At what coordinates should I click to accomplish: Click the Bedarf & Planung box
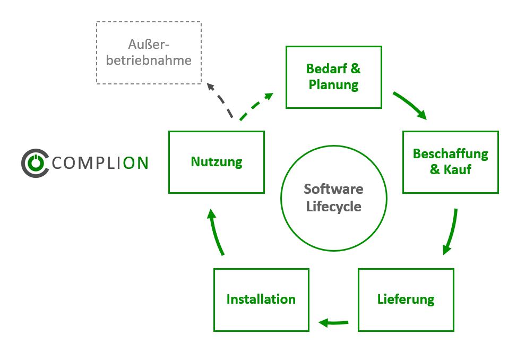(x=333, y=77)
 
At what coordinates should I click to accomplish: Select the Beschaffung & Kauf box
(x=450, y=162)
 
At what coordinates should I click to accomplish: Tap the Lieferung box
(x=406, y=299)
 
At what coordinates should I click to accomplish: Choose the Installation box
(x=261, y=299)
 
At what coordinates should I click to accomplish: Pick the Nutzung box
(x=216, y=162)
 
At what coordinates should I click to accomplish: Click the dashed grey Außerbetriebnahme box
(x=149, y=53)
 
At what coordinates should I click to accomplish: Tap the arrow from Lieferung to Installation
(x=333, y=321)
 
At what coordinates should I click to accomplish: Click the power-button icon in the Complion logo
(x=35, y=162)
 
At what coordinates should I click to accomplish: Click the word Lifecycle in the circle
(x=333, y=207)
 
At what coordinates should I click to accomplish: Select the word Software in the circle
(x=333, y=189)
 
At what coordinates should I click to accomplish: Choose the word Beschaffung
(x=450, y=154)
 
